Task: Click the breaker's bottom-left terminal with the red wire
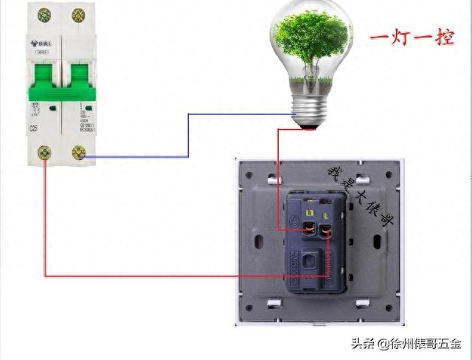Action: point(44,153)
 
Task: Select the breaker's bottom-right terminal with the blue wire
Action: point(78,153)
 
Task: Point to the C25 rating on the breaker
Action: point(34,129)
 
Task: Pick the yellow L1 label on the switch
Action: point(310,213)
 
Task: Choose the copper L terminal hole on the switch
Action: point(328,231)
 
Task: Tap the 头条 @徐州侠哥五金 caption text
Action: point(405,344)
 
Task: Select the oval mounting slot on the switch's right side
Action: point(379,240)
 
